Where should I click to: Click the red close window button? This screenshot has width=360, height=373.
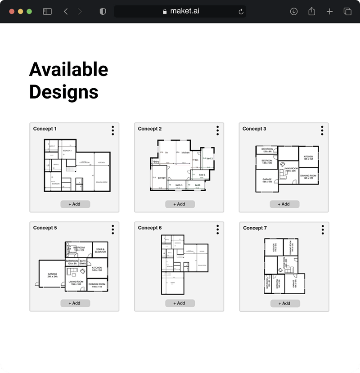(12, 12)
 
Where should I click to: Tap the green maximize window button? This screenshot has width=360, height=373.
(29, 12)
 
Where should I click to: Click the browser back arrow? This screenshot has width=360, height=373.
(66, 12)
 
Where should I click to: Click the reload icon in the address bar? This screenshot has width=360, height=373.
(241, 12)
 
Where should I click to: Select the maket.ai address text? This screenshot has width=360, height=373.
(184, 11)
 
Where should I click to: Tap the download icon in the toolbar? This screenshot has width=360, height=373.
(294, 12)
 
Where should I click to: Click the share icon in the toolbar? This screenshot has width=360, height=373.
(312, 12)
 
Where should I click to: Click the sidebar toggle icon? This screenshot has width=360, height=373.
(47, 12)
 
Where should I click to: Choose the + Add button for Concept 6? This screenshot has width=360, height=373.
(180, 303)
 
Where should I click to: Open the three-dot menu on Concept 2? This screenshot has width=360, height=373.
(217, 130)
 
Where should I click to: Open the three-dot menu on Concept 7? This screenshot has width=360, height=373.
(323, 230)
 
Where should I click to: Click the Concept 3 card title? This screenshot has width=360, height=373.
(254, 129)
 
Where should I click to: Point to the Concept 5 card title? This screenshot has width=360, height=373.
(45, 228)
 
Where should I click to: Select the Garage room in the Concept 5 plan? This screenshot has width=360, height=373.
(52, 275)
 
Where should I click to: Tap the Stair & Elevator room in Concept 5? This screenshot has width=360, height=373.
(100, 250)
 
